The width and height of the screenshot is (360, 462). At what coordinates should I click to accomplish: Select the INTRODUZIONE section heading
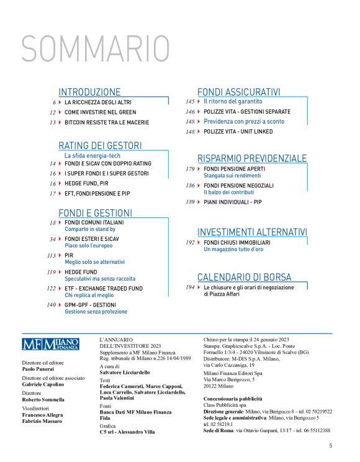pyautogui.click(x=89, y=91)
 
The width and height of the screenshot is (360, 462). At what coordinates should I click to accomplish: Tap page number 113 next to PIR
pyautogui.click(x=51, y=255)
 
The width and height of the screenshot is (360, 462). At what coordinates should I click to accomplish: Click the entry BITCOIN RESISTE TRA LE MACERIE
pyautogui.click(x=107, y=122)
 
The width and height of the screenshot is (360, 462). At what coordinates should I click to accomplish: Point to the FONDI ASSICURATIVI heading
pyautogui.click(x=239, y=91)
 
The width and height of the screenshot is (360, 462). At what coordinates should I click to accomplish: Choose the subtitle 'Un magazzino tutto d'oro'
pyautogui.click(x=233, y=249)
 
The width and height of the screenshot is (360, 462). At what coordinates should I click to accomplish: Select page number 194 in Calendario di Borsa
pyautogui.click(x=190, y=288)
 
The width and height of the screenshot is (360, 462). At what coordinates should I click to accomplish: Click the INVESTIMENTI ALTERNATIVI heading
pyautogui.click(x=252, y=232)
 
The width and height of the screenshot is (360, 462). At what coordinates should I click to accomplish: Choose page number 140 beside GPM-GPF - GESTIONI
pyautogui.click(x=51, y=305)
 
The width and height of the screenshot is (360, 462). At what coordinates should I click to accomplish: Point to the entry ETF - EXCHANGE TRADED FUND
pyautogui.click(x=104, y=289)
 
